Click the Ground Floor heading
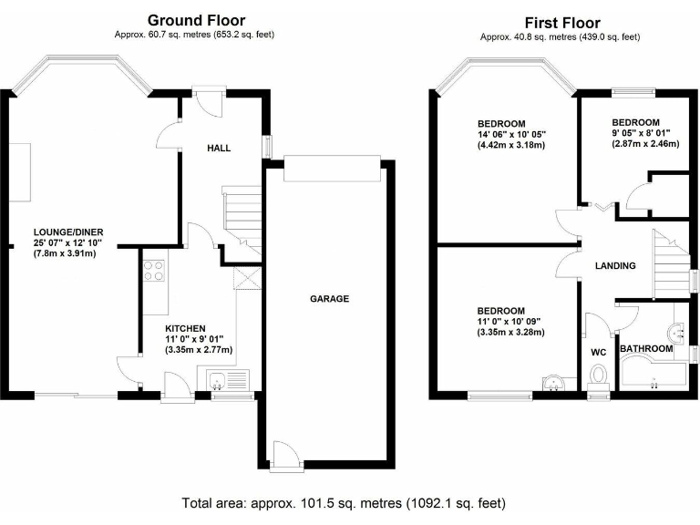(196, 20)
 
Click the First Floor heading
(562, 23)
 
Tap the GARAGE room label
(329, 298)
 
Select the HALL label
(219, 148)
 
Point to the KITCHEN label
(185, 328)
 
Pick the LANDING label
(614, 266)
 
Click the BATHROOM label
(646, 349)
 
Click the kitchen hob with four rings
(154, 270)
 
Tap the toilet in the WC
(599, 376)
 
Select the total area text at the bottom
(343, 502)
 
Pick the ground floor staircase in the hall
(241, 219)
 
